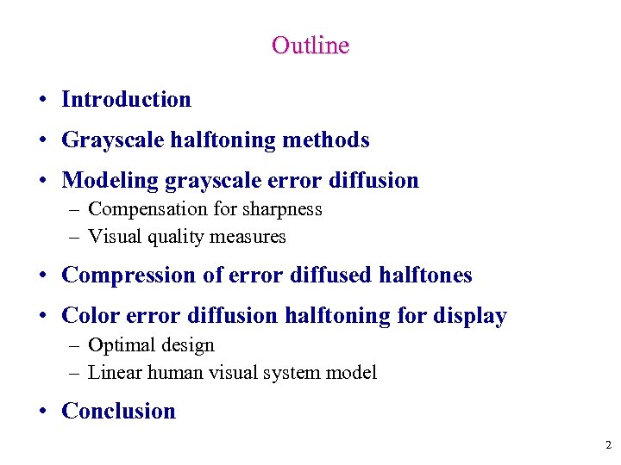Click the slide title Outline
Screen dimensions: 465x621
point(310,45)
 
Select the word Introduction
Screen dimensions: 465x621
point(126,100)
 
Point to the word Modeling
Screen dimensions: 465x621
point(110,181)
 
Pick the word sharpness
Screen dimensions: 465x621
point(282,209)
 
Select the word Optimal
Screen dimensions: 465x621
point(122,345)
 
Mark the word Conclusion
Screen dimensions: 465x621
point(118,412)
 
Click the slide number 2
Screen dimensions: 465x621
point(608,445)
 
